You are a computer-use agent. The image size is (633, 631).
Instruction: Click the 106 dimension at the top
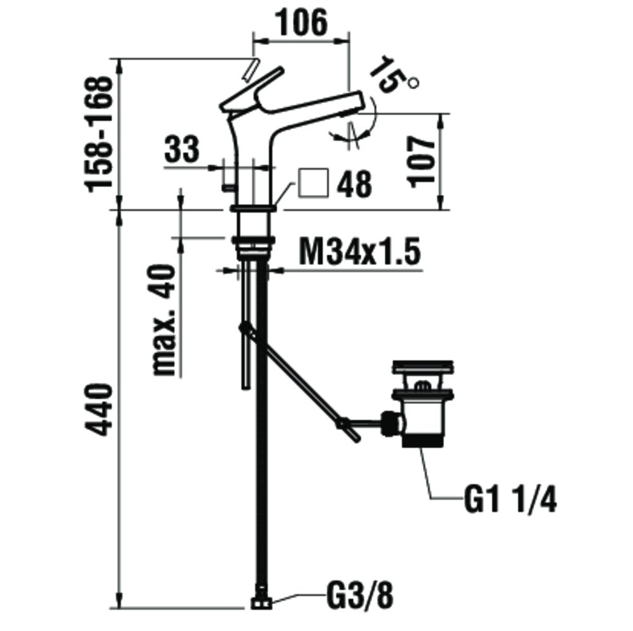point(301,23)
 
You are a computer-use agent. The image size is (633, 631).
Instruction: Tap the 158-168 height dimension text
point(100,134)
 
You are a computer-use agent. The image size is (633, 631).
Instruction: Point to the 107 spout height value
point(423,161)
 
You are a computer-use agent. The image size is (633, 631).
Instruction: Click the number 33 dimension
point(182,150)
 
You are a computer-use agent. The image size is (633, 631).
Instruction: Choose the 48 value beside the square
point(354,185)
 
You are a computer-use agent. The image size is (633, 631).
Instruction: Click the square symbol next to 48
point(313,183)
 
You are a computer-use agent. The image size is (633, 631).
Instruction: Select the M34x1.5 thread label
point(359,254)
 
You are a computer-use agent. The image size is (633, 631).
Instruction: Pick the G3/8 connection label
point(359,595)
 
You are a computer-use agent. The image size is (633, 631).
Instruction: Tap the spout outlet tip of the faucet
point(356,103)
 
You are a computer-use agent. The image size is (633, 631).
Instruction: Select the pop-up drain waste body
point(422,417)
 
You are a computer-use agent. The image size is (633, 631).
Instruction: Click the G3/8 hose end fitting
point(259,603)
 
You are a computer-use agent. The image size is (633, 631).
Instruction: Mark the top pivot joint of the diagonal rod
point(244,328)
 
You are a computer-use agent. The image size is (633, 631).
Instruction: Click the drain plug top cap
point(422,367)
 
